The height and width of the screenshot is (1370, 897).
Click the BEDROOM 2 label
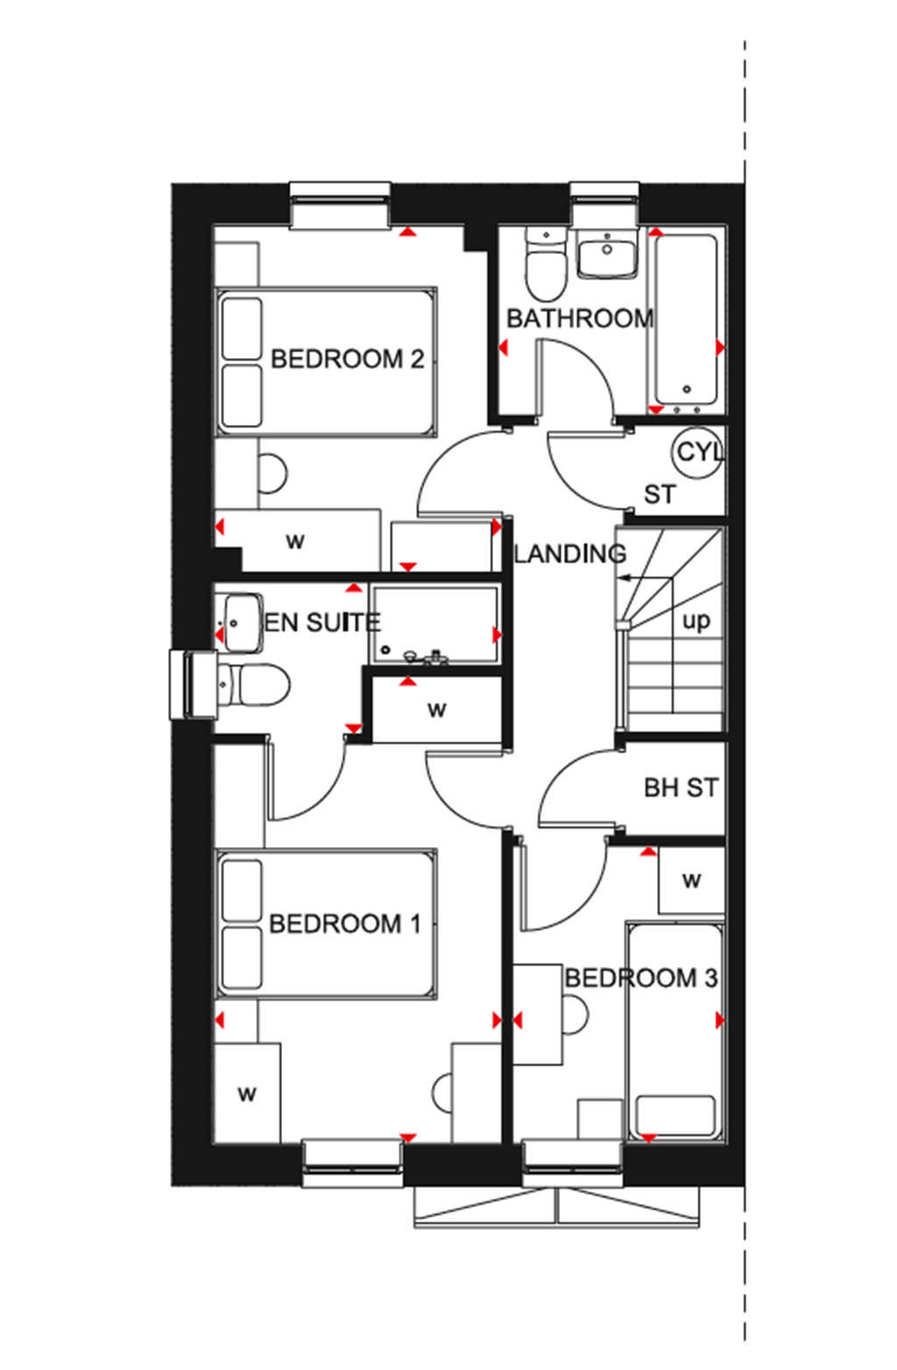[347, 359]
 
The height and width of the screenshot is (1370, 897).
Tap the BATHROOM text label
[579, 318]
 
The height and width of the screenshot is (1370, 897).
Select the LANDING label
[569, 554]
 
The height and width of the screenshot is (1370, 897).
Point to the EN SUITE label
[321, 623]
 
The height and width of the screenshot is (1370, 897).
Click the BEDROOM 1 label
[345, 924]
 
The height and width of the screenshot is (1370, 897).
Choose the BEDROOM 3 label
[640, 978]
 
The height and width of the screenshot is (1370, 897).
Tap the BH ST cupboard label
[681, 788]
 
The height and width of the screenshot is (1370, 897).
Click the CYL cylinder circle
[698, 452]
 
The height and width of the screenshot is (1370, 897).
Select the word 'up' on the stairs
[696, 621]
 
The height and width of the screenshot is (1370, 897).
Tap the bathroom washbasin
[606, 253]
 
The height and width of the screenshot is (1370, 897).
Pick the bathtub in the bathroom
[686, 320]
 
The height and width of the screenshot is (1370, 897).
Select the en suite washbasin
[238, 623]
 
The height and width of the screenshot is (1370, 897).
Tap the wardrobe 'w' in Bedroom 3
[691, 880]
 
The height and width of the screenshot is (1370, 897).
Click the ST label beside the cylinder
[659, 495]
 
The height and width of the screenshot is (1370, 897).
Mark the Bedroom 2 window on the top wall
[340, 207]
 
